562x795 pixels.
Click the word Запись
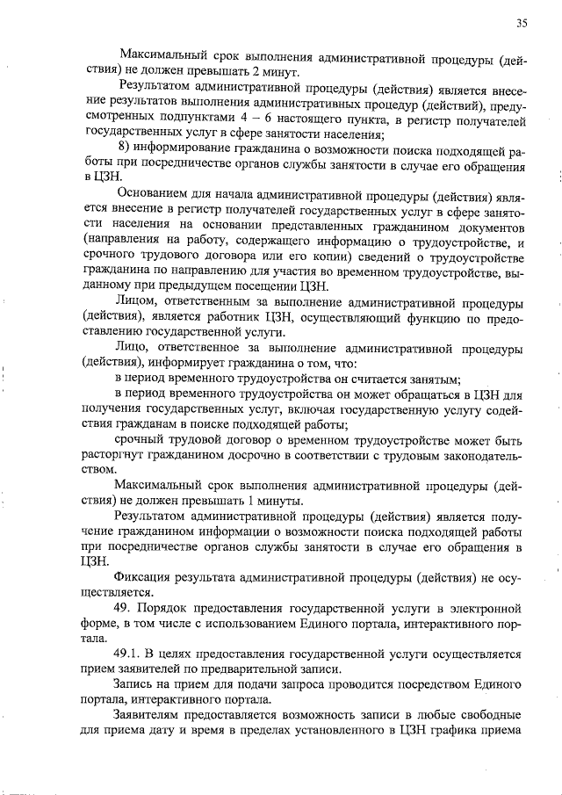[136, 684]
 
